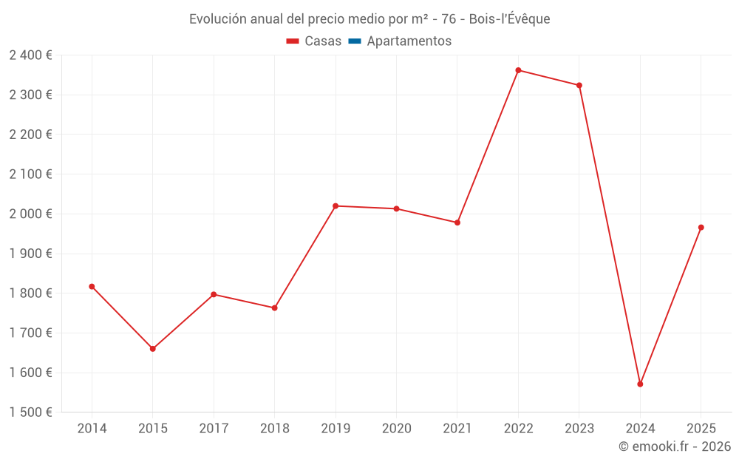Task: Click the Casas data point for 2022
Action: pyautogui.click(x=518, y=70)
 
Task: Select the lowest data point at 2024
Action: pyautogui.click(x=640, y=384)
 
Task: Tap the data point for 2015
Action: pyautogui.click(x=153, y=349)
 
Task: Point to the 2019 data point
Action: pyautogui.click(x=336, y=205)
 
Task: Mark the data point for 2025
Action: pyautogui.click(x=701, y=228)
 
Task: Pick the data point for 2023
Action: pyautogui.click(x=579, y=85)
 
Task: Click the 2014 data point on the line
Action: pyautogui.click(x=92, y=286)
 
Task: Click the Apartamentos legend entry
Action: pyautogui.click(x=409, y=41)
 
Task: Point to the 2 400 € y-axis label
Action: pyautogui.click(x=30, y=55)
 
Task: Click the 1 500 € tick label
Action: pyautogui.click(x=30, y=412)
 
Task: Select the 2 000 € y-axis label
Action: pyautogui.click(x=30, y=214)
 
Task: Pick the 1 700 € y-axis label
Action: pyautogui.click(x=30, y=333)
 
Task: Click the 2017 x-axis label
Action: pyautogui.click(x=214, y=429)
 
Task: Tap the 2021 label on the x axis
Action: pyautogui.click(x=457, y=429)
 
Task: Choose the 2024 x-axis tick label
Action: pyautogui.click(x=640, y=429)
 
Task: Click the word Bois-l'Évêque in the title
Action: pyautogui.click(x=509, y=18)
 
